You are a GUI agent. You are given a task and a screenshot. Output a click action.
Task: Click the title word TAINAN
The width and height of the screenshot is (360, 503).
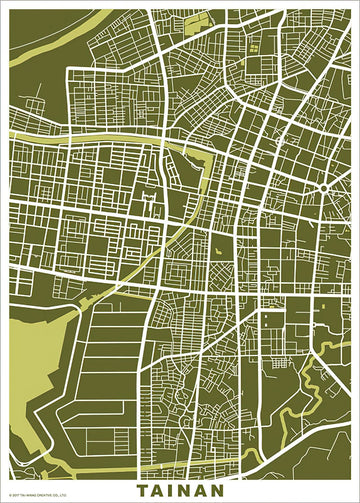point(181,491)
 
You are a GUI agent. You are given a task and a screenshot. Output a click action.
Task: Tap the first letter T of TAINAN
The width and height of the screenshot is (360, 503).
point(142,491)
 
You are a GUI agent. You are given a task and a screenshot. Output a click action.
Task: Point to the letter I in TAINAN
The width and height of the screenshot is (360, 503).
point(174,491)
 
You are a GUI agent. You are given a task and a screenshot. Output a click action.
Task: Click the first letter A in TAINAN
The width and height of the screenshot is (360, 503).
point(158,491)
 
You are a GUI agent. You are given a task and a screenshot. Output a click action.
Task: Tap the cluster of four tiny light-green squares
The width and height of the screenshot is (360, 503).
point(253,44)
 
